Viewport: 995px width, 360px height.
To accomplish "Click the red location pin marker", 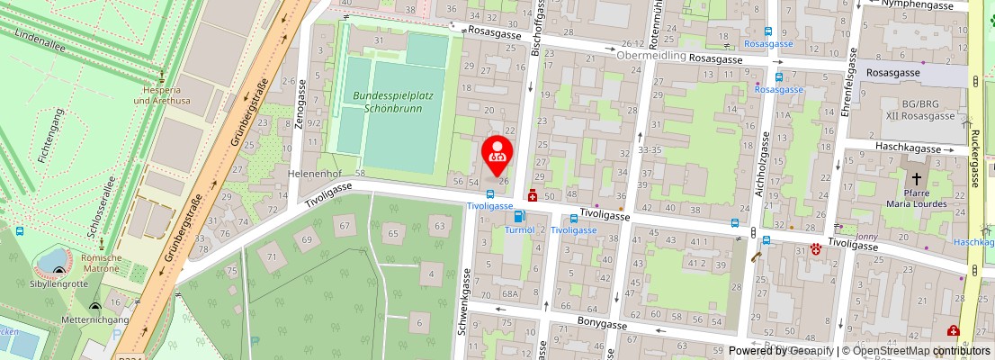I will [x=497, y=154].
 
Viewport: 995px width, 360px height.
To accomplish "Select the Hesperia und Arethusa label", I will [x=161, y=95].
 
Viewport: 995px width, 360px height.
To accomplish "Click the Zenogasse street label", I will [x=300, y=103].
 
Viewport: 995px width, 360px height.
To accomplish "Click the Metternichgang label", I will [x=95, y=319].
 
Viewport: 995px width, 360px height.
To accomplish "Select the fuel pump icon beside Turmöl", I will [x=518, y=216].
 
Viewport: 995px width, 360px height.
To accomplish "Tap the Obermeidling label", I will [x=651, y=56].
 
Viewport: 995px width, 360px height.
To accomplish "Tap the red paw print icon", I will [x=817, y=249].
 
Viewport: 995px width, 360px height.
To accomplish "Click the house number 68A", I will [x=510, y=294].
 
